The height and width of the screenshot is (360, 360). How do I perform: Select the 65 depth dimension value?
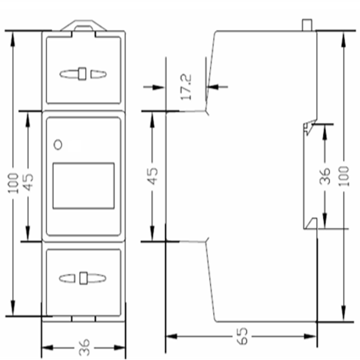tap(242, 336)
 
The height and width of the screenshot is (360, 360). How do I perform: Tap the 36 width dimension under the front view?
tap(84, 347)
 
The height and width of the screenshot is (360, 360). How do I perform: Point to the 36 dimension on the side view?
tap(325, 175)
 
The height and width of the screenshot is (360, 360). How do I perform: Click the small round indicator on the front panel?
tap(57, 144)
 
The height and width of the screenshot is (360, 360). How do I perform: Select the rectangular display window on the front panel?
tap(83, 186)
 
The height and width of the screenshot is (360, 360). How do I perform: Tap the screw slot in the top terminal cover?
tap(82, 73)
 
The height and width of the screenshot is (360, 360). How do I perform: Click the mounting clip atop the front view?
tap(83, 25)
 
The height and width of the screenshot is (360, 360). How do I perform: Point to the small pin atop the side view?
tap(307, 24)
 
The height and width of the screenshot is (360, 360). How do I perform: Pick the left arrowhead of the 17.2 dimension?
tap(160, 87)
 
